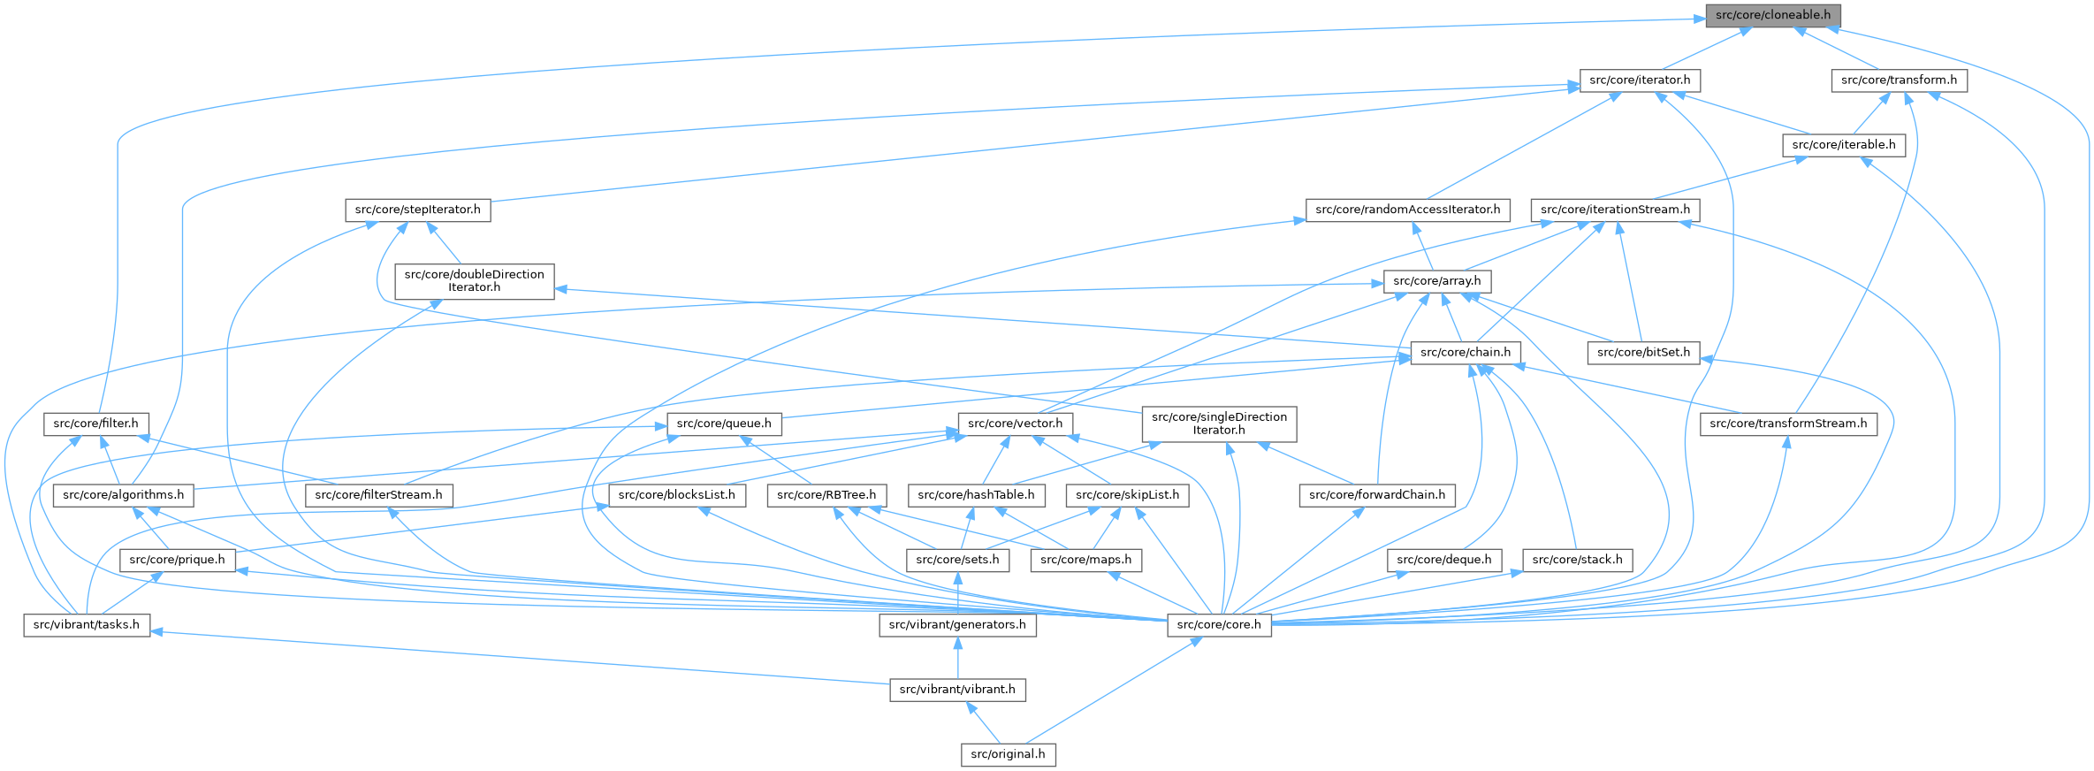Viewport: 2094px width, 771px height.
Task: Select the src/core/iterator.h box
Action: [1640, 80]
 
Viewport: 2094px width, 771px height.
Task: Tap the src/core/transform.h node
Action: [1899, 80]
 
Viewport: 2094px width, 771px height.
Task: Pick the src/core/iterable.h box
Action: [1843, 145]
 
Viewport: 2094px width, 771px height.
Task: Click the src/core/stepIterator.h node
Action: [417, 210]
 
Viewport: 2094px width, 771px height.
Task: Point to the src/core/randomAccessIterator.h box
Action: [1407, 210]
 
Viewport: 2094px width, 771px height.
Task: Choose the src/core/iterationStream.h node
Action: [1615, 210]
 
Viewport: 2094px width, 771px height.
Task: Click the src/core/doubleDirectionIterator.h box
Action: [474, 281]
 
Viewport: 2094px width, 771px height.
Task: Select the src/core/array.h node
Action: [1436, 282]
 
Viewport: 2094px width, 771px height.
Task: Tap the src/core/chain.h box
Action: [1466, 353]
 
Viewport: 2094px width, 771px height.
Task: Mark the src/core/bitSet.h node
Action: [1643, 353]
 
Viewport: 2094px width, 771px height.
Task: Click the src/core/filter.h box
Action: [95, 424]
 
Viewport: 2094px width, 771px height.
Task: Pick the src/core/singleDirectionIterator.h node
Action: [1219, 424]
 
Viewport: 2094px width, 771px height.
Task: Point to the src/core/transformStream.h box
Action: [1788, 424]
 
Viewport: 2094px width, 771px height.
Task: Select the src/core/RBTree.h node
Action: [826, 495]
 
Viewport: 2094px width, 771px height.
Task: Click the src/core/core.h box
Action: [1219, 625]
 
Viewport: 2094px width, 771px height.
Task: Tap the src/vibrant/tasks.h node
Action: [87, 625]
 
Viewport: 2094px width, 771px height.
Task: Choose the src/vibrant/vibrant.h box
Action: [957, 690]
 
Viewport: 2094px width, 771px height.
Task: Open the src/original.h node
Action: [1008, 754]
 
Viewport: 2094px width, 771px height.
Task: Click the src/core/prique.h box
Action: [177, 561]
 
